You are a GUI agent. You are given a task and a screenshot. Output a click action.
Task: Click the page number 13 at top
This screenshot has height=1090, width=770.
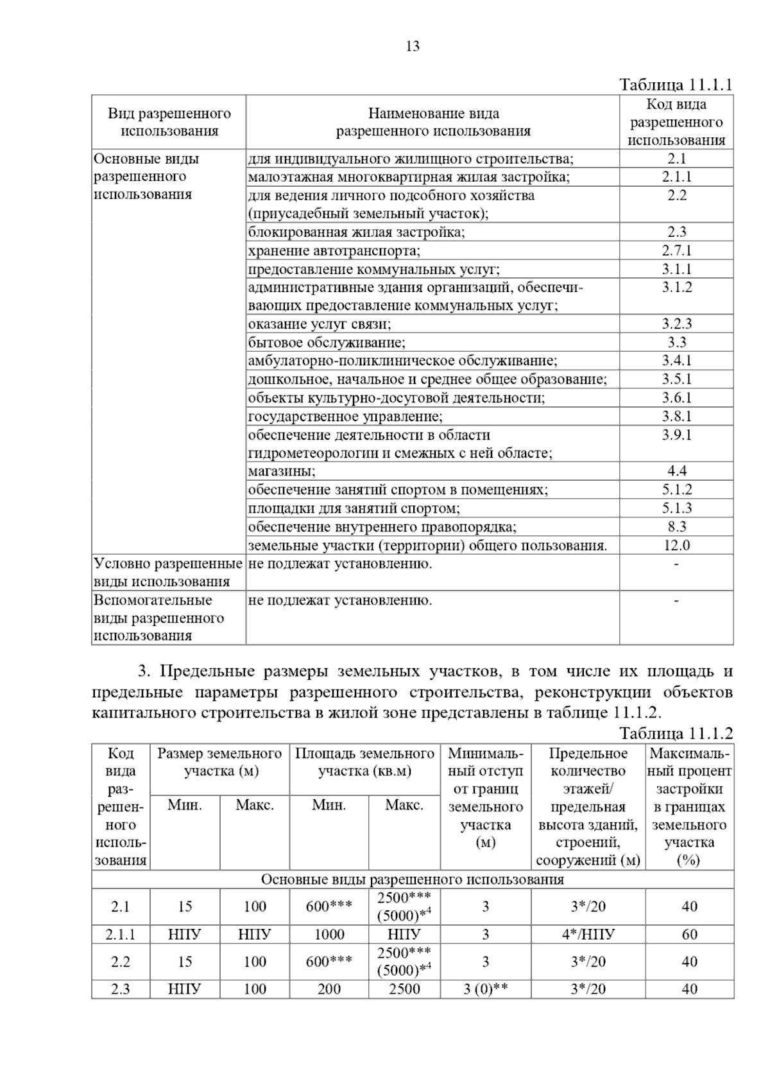click(x=413, y=46)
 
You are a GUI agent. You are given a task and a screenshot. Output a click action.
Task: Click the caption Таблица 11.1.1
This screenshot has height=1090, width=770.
click(x=676, y=85)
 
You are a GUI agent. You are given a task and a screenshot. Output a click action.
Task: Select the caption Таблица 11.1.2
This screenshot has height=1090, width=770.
click(x=676, y=734)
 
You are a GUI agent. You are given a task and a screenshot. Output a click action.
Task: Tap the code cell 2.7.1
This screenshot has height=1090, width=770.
click(x=676, y=250)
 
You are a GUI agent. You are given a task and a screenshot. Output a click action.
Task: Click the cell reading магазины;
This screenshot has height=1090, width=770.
click(x=282, y=471)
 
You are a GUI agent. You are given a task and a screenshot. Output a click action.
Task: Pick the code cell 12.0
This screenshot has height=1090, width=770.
click(x=676, y=546)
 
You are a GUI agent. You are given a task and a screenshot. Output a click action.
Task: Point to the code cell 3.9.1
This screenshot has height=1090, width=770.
click(x=676, y=435)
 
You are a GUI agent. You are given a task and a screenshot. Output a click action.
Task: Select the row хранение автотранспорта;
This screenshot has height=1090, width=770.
click(x=334, y=250)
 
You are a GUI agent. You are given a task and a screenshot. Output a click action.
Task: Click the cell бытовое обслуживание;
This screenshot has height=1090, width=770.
click(x=327, y=342)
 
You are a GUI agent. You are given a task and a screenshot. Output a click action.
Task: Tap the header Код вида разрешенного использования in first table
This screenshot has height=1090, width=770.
click(x=676, y=122)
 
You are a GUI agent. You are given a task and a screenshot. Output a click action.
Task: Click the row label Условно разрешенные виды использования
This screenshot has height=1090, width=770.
click(x=168, y=573)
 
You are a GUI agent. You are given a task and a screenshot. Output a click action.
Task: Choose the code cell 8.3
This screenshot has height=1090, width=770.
click(x=676, y=527)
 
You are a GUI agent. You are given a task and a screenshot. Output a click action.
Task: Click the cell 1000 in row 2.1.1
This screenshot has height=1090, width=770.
click(x=329, y=934)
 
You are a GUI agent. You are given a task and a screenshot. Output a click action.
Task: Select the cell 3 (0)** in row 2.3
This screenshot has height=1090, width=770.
click(x=485, y=989)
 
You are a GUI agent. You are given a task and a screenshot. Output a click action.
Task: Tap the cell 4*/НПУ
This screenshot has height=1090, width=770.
click(x=588, y=934)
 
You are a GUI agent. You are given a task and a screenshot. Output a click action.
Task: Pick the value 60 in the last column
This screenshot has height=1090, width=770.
click(x=689, y=934)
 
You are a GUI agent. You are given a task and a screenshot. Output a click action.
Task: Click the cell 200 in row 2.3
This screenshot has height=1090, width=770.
click(x=329, y=989)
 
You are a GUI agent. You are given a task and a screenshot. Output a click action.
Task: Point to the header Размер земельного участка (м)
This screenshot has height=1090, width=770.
click(x=219, y=762)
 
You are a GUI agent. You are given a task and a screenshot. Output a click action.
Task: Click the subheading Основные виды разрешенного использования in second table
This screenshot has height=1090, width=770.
click(x=413, y=879)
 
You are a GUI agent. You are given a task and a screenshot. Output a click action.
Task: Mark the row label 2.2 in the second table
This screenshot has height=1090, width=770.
click(x=121, y=962)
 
